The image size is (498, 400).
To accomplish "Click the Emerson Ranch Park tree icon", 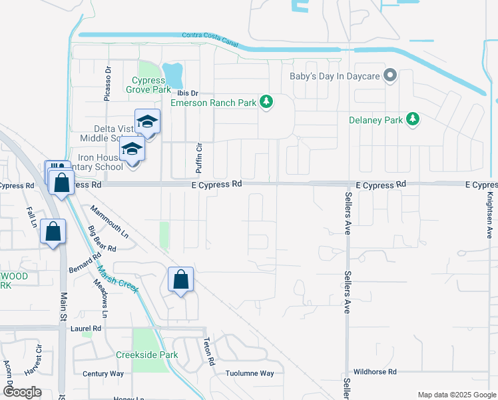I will [x=266, y=101].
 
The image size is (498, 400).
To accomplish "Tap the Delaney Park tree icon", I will [x=413, y=119].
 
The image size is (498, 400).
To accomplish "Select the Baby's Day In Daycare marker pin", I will [x=391, y=75].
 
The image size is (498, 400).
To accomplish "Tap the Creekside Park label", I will [x=146, y=355].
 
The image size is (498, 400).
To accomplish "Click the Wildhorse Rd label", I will [x=375, y=371].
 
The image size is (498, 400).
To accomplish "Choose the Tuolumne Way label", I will [x=249, y=373].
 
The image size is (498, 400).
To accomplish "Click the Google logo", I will [x=22, y=392].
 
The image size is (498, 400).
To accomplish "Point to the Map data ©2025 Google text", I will [x=456, y=395].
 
